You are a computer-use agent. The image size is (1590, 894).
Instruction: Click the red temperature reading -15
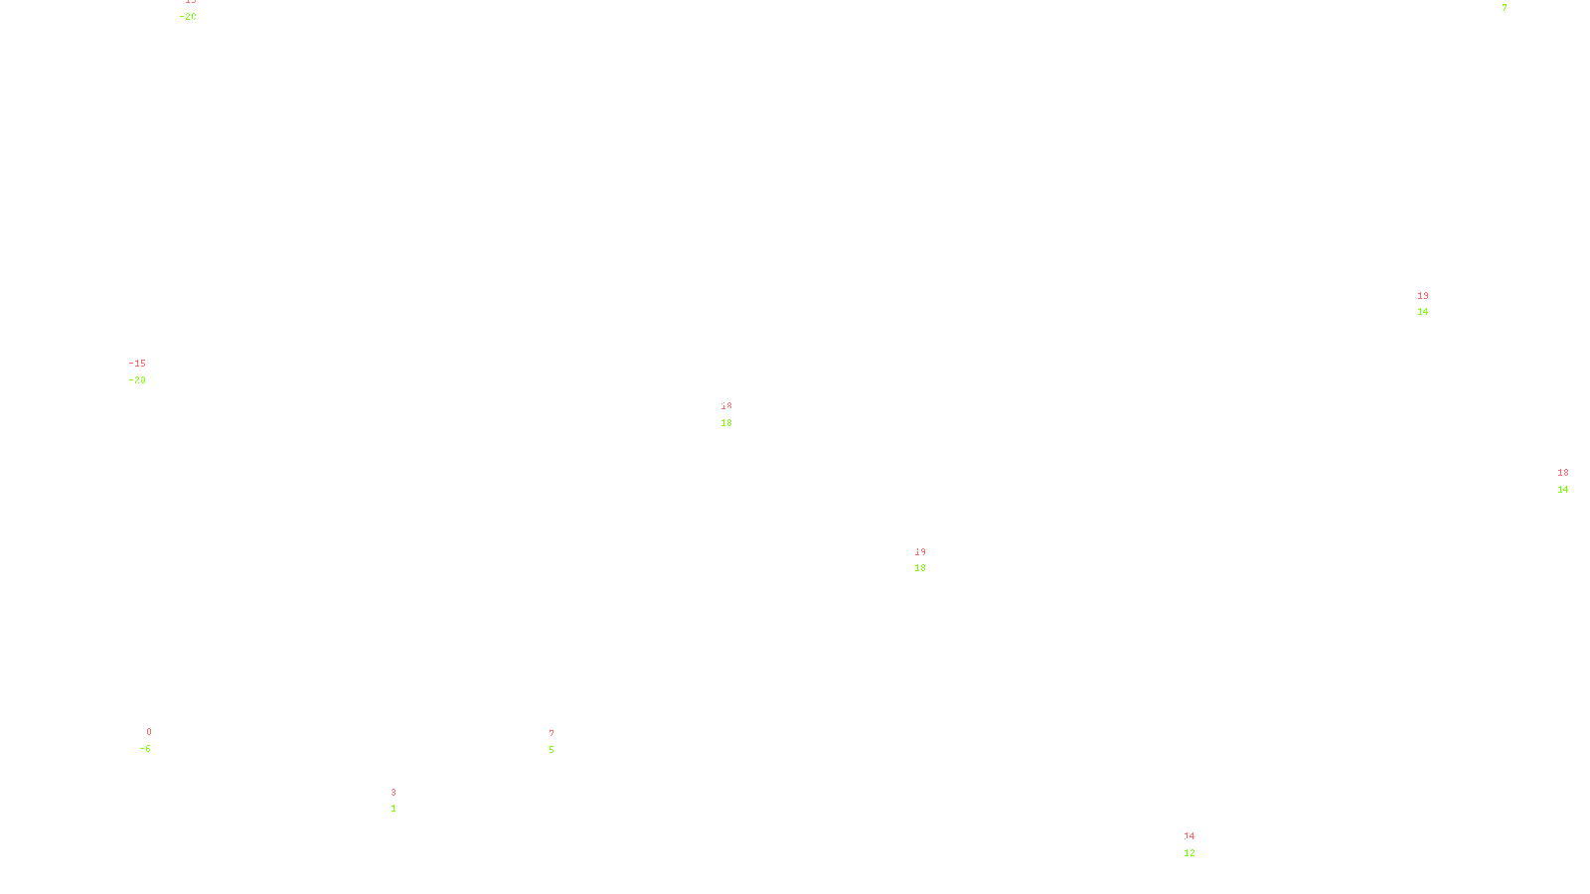pyautogui.click(x=137, y=364)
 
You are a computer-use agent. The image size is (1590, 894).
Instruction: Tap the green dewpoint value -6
pyautogui.click(x=146, y=749)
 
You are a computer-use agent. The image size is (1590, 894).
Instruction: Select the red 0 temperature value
pyautogui.click(x=149, y=732)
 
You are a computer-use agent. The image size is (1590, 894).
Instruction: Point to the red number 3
pyautogui.click(x=394, y=793)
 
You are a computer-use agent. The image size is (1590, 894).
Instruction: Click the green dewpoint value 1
pyautogui.click(x=394, y=809)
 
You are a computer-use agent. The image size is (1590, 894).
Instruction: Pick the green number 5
pyautogui.click(x=552, y=750)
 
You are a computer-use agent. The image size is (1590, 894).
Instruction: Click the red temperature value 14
pyautogui.click(x=1190, y=836)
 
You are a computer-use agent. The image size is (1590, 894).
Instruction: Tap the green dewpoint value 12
pyautogui.click(x=1190, y=853)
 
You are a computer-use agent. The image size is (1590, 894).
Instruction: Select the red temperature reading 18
pyautogui.click(x=1563, y=473)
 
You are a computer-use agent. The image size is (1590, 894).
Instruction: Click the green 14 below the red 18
pyautogui.click(x=1563, y=490)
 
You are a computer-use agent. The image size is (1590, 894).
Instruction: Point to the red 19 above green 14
pyautogui.click(x=1423, y=296)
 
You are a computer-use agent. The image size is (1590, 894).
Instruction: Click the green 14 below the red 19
pyautogui.click(x=1423, y=312)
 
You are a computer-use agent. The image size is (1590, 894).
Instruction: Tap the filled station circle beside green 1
pyautogui.click(x=399, y=801)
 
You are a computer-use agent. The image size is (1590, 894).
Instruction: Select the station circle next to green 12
pyautogui.click(x=1198, y=844)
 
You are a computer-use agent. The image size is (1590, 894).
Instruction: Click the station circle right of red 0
pyautogui.click(x=155, y=741)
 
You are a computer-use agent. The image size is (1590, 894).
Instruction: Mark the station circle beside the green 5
pyautogui.click(x=557, y=742)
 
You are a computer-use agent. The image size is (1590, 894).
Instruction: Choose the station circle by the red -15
pyautogui.click(x=150, y=372)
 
